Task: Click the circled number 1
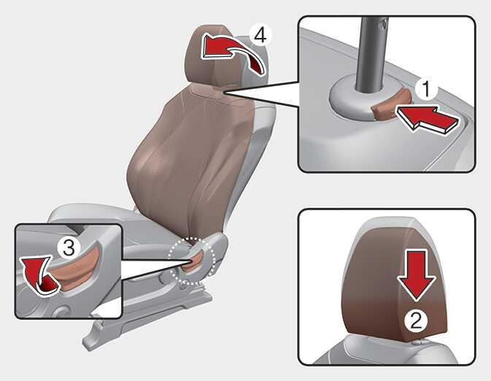pyautogui.click(x=427, y=89)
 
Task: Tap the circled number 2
pyautogui.click(x=416, y=321)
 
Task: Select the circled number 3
pyautogui.click(x=69, y=247)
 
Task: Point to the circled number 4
pyautogui.click(x=260, y=35)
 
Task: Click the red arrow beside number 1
pyautogui.click(x=428, y=120)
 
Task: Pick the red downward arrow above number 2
pyautogui.click(x=417, y=275)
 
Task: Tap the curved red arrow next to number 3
pyautogui.click(x=38, y=276)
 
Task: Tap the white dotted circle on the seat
pyautogui.click(x=192, y=261)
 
